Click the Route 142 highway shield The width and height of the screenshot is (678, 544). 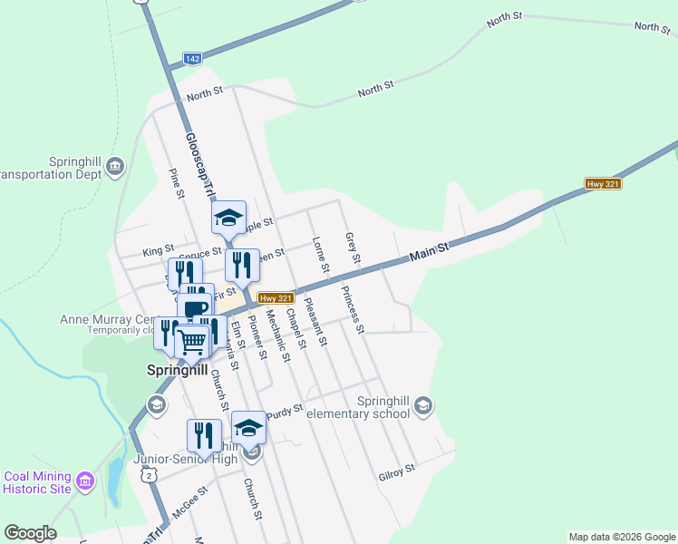tap(191, 58)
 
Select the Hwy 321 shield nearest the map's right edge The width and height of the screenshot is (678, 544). tap(603, 184)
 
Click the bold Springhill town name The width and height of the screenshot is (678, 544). tap(178, 371)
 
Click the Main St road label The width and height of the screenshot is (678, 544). tap(429, 251)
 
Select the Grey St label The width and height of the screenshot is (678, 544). tap(352, 249)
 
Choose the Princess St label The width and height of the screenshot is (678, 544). tap(353, 309)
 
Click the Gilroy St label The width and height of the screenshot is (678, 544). tap(397, 471)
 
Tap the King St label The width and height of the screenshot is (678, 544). tap(158, 250)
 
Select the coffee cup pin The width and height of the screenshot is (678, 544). tap(194, 308)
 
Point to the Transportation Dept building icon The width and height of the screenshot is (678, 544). tap(115, 166)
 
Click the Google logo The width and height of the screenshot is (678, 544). tap(30, 533)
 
